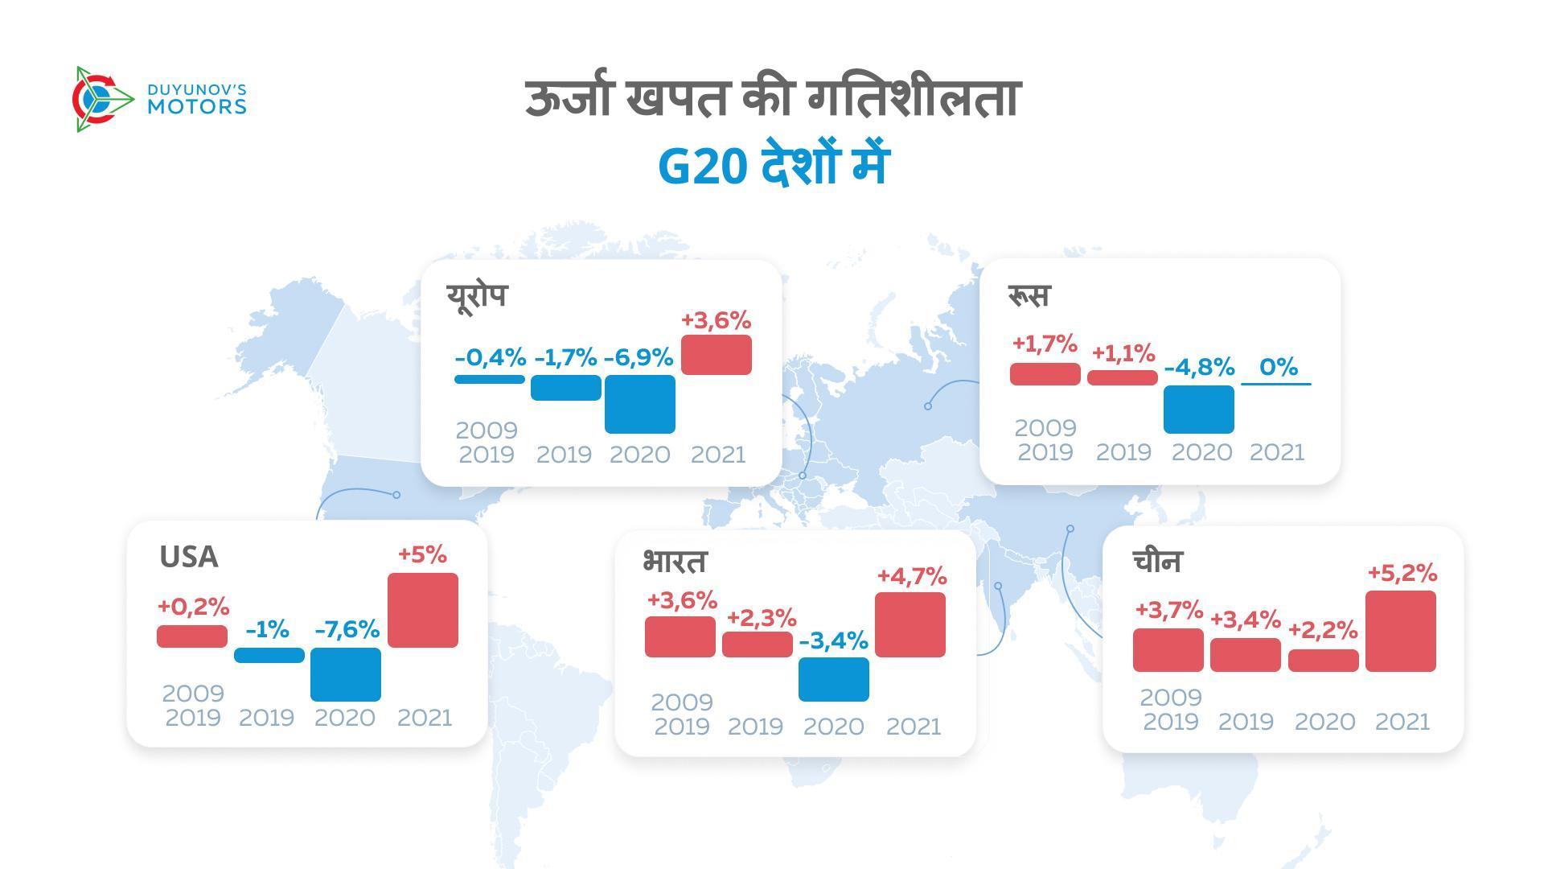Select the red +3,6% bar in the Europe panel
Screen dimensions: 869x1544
pos(716,355)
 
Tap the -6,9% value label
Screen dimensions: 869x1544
pos(638,357)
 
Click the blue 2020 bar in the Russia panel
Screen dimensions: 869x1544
pos(1198,409)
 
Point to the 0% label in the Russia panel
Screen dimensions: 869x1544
pos(1278,367)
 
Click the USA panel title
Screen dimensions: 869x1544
pos(188,557)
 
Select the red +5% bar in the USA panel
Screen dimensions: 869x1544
pos(422,610)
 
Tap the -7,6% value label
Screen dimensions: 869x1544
pos(347,629)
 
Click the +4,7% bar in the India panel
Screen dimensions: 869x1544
pos(910,624)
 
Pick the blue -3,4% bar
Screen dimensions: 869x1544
pos(833,679)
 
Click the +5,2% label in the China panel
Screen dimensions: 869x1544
pos(1402,573)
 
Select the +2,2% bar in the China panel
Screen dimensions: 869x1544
pos(1323,661)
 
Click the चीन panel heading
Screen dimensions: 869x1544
pos(1157,560)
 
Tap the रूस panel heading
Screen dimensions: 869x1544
pos(1029,295)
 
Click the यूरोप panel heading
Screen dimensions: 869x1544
pos(477,295)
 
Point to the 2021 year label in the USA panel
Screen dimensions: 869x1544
pos(424,717)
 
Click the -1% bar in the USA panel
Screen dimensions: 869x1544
pos(269,655)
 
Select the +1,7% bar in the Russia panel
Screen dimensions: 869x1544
pos(1045,373)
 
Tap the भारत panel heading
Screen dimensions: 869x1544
pos(674,561)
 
